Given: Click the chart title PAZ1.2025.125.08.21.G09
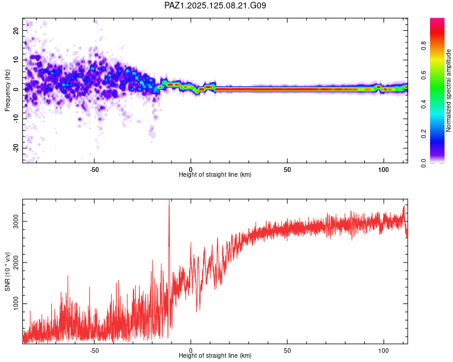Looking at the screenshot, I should point(216,5).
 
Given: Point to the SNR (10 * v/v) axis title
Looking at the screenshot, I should point(7,271).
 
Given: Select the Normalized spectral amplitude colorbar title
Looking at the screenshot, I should point(449,91).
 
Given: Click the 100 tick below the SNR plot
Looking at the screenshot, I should point(383,350).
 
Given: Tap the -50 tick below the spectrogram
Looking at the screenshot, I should point(94,170).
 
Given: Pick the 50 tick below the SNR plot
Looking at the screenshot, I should point(287,350).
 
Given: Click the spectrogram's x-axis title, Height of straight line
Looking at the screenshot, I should point(215,175).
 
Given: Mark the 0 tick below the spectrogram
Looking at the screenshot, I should point(191,170).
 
